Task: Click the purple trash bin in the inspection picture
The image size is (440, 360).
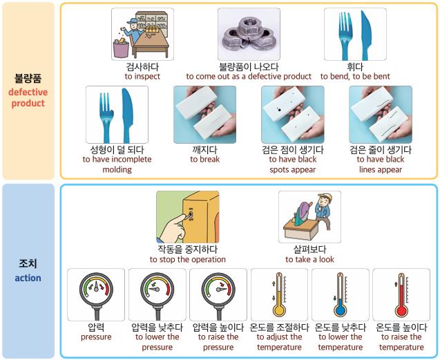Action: point(121,48)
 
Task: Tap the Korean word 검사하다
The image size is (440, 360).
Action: point(142,67)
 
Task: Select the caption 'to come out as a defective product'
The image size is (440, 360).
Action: point(249,77)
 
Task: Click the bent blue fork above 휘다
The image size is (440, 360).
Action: point(345,35)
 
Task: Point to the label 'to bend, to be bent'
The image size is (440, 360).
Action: point(355,77)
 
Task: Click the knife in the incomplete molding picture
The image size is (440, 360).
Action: point(128,115)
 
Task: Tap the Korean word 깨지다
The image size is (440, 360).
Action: point(204,150)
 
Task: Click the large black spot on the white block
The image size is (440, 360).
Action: point(279,110)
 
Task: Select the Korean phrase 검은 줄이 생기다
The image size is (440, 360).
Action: point(380,150)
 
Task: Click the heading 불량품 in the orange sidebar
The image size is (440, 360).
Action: point(28,78)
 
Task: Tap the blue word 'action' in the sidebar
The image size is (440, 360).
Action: point(28,278)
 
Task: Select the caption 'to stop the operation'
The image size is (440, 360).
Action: point(187,260)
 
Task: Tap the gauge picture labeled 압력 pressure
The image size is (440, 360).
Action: point(96,294)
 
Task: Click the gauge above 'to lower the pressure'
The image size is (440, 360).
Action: point(157,294)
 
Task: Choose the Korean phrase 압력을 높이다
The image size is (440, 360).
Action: point(218,328)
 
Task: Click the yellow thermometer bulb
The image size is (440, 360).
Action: point(279,311)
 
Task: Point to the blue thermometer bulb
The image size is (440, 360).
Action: point(340,311)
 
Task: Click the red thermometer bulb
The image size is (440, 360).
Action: point(401,311)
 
